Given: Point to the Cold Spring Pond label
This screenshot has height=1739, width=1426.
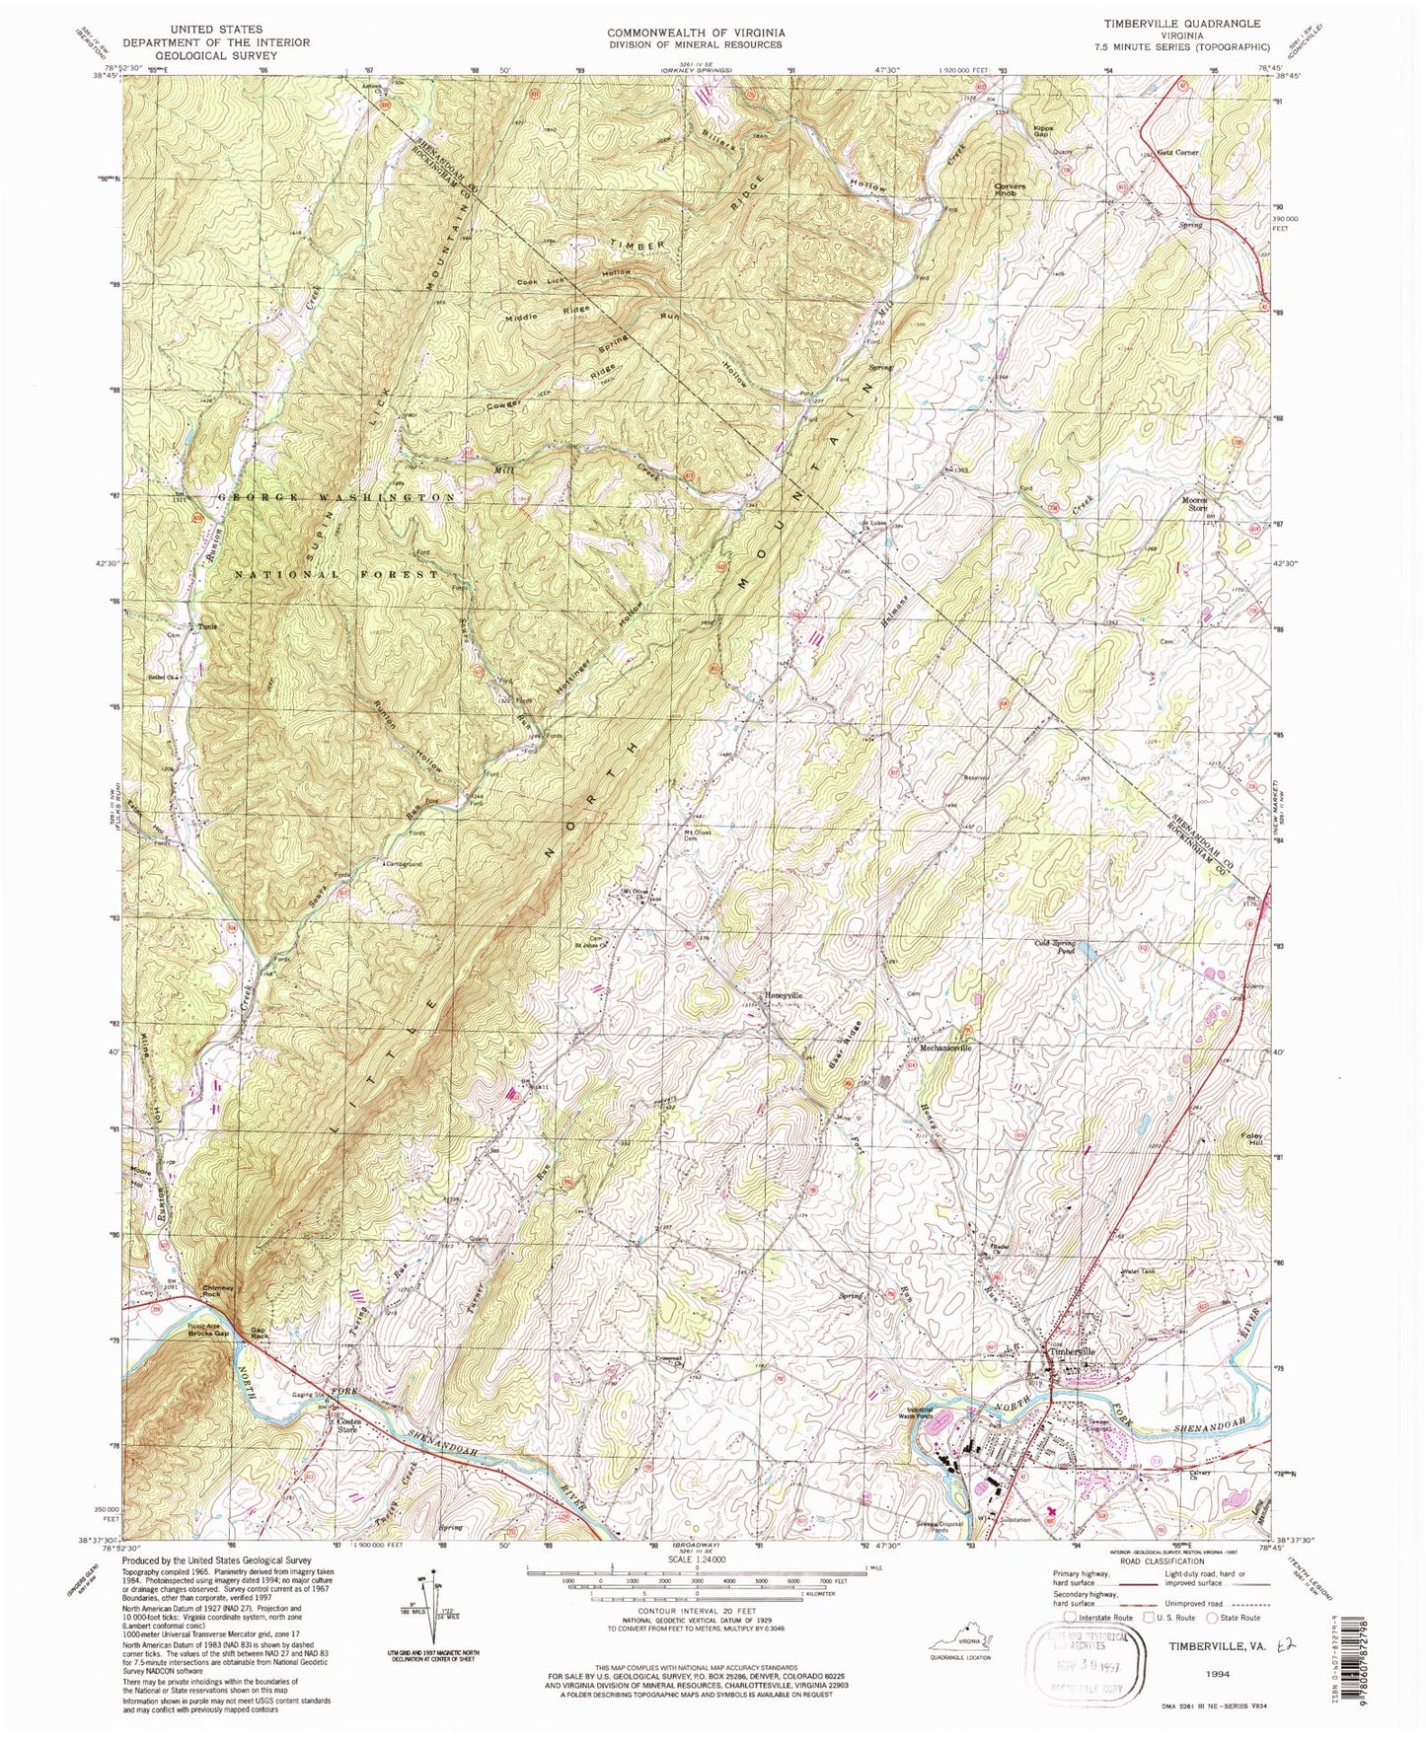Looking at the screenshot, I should tap(1054, 947).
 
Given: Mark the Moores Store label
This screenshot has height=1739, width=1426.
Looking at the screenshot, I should tap(1195, 504).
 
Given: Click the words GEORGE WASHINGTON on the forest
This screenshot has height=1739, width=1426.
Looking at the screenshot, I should tap(336, 498).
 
